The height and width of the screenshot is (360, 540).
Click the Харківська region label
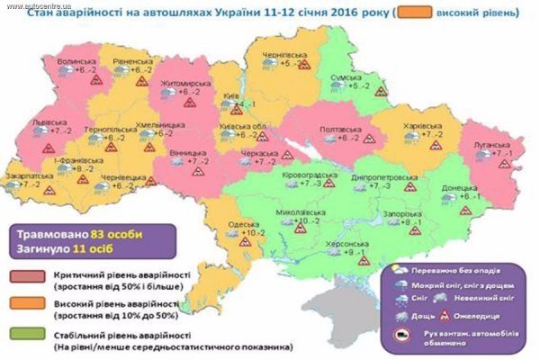[x=425, y=123]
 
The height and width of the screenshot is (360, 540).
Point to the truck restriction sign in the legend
[x=399, y=333]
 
